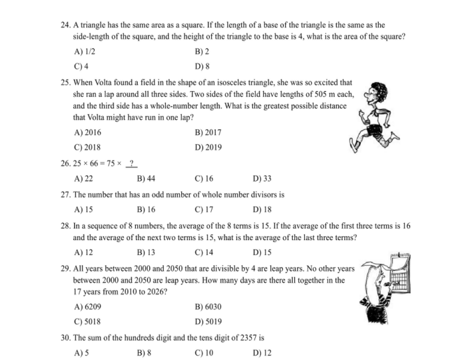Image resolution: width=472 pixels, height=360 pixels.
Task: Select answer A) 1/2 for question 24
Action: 85,51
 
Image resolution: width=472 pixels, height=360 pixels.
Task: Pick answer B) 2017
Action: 207,133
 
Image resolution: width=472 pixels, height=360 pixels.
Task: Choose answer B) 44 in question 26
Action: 146,179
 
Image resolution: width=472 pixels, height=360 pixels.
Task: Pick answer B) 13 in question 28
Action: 146,252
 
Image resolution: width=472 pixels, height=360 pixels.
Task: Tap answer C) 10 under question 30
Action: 204,352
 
